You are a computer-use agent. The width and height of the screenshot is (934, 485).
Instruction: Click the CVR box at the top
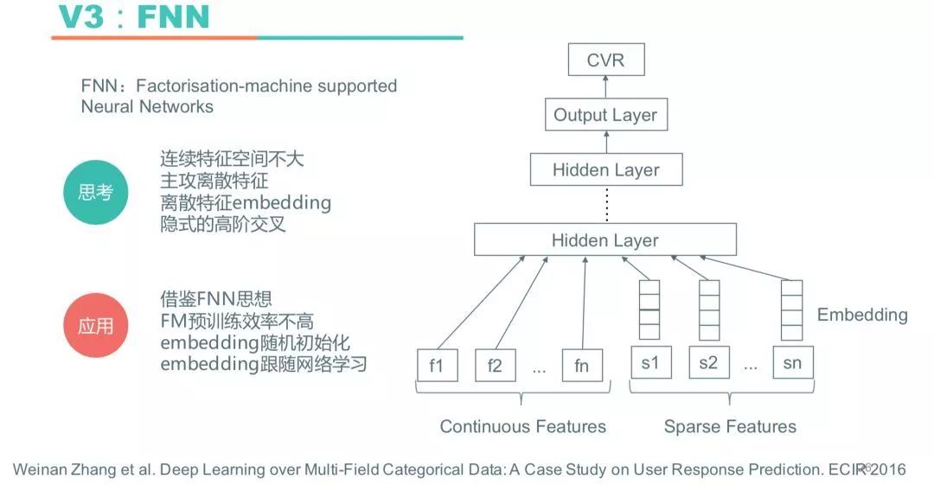coord(605,61)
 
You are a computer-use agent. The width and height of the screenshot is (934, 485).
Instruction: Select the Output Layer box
coord(605,115)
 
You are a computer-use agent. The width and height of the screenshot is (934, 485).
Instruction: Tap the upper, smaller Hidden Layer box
coord(605,169)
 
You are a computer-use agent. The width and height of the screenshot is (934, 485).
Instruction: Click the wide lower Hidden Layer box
coord(605,239)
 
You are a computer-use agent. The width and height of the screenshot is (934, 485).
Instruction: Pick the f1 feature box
coord(436,365)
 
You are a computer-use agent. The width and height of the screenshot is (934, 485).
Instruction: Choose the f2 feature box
coord(495,365)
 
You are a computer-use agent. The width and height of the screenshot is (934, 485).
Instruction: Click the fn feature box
coord(581,365)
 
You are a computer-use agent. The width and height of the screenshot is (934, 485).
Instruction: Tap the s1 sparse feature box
coord(649,363)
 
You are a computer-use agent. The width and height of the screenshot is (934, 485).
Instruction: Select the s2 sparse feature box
coord(708,363)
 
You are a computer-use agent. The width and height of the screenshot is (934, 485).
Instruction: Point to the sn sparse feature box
coord(792,363)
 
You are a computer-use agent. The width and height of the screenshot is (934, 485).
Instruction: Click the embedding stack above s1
coord(649,310)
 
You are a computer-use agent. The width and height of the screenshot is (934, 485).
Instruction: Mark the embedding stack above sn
coord(792,310)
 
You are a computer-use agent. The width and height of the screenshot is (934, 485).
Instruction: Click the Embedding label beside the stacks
coord(862,315)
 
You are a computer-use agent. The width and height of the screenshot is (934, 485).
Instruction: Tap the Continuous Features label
coord(522,426)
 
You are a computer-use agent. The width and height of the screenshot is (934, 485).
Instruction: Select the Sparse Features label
coord(730,426)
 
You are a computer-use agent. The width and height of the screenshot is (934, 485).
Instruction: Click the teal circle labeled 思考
coord(95,192)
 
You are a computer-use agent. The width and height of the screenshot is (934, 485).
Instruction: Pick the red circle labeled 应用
coord(95,326)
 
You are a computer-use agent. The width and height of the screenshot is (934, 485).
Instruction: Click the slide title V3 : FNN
coord(133,17)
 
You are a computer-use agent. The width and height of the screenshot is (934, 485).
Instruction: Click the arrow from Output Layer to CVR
coord(605,87)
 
